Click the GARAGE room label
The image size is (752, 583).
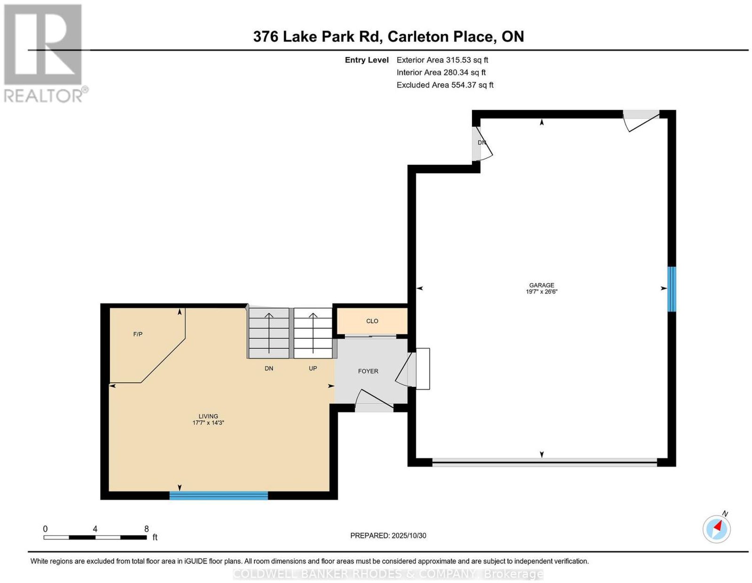[541, 285]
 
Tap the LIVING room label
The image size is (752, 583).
[208, 416]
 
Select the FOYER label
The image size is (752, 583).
[368, 371]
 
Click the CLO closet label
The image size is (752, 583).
[372, 321]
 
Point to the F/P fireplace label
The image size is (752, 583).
[138, 334]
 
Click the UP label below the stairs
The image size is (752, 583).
[313, 368]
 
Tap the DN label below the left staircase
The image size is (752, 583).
[269, 368]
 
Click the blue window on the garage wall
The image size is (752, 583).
[671, 289]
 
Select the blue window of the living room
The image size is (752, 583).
[219, 495]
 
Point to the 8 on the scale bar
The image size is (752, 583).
[146, 529]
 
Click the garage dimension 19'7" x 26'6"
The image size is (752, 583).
[541, 292]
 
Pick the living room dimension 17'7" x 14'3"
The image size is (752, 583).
[208, 423]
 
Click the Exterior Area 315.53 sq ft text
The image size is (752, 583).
[442, 60]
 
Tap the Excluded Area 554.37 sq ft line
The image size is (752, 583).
[445, 85]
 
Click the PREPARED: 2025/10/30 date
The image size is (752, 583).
[388, 535]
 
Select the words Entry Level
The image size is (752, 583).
[367, 60]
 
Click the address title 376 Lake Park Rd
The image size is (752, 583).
[317, 36]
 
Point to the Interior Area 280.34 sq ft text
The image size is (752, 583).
[441, 72]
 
